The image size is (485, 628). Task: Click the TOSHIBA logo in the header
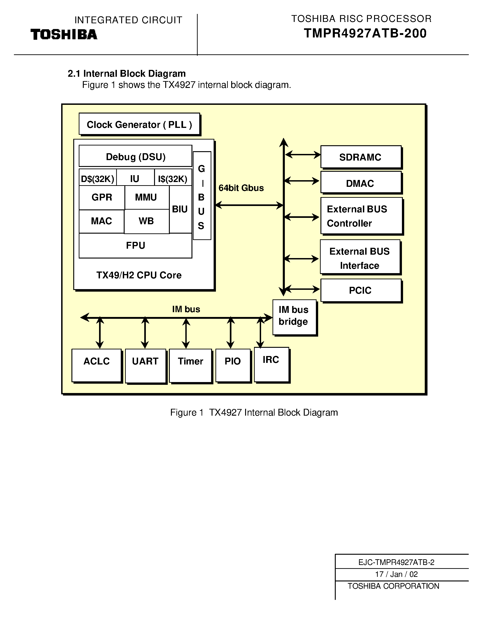pos(64,34)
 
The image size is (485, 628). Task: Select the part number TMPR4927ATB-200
pos(365,33)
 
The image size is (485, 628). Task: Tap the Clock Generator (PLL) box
pos(139,124)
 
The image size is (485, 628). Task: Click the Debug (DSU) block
pos(136,156)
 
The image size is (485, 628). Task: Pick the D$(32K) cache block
pos(98,179)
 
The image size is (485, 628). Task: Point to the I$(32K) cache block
pos(173,179)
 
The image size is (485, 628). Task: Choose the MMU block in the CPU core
pos(146,197)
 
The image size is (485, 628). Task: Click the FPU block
pos(136,245)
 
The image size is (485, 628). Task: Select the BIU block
pos(180,209)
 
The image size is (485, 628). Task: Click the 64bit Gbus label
pos(241,188)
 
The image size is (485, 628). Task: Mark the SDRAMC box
pos(361,157)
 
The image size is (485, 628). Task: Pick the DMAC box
pos(361,183)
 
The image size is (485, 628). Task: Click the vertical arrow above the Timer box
pos(186,334)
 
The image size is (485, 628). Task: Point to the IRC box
pos(271,364)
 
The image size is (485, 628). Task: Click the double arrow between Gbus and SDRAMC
pos(303,155)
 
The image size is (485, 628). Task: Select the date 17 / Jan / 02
pos(396,574)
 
